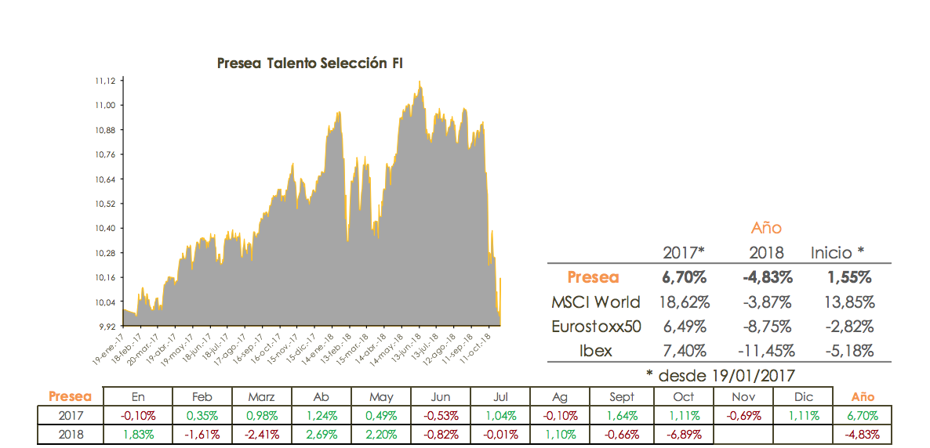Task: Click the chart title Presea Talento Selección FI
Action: [310, 63]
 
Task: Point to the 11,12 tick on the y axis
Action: [105, 81]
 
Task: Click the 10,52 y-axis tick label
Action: [105, 204]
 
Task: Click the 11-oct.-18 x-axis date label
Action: [477, 345]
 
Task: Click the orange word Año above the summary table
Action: [766, 228]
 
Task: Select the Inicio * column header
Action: [837, 252]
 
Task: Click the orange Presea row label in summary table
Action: [593, 277]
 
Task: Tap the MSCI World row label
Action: [596, 302]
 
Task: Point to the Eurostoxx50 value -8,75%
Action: [765, 327]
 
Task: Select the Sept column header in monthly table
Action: [622, 397]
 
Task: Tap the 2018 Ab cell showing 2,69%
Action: [321, 434]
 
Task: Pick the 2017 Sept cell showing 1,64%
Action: [622, 416]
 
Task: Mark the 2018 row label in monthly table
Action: [71, 434]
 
